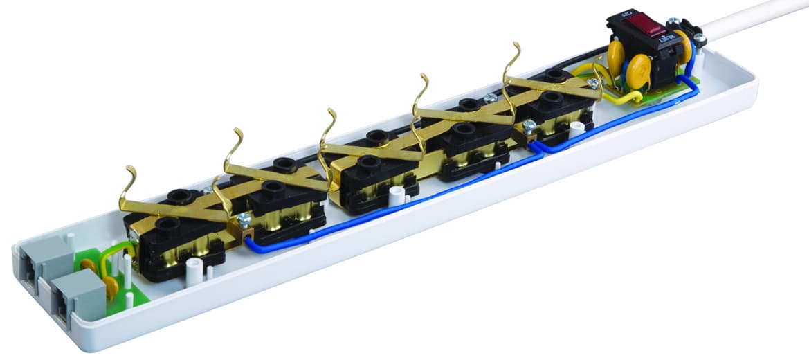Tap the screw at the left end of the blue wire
(243, 220)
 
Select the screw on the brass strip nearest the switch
(592, 83)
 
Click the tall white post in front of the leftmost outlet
(194, 271)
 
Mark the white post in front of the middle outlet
(395, 195)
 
